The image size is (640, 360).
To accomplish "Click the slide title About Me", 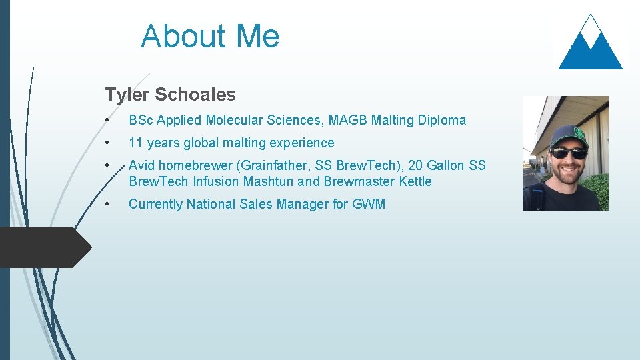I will (210, 36).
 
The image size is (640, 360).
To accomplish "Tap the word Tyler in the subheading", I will (127, 95).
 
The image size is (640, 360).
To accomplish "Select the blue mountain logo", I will (590, 44).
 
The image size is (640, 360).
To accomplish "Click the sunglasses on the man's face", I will (568, 153).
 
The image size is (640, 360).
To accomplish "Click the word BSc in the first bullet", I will (141, 121).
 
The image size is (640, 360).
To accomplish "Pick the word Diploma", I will (442, 121).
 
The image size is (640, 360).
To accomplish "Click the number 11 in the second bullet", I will (136, 143).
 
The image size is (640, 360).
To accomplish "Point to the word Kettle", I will (415, 181).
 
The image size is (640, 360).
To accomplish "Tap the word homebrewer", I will (193, 165).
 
